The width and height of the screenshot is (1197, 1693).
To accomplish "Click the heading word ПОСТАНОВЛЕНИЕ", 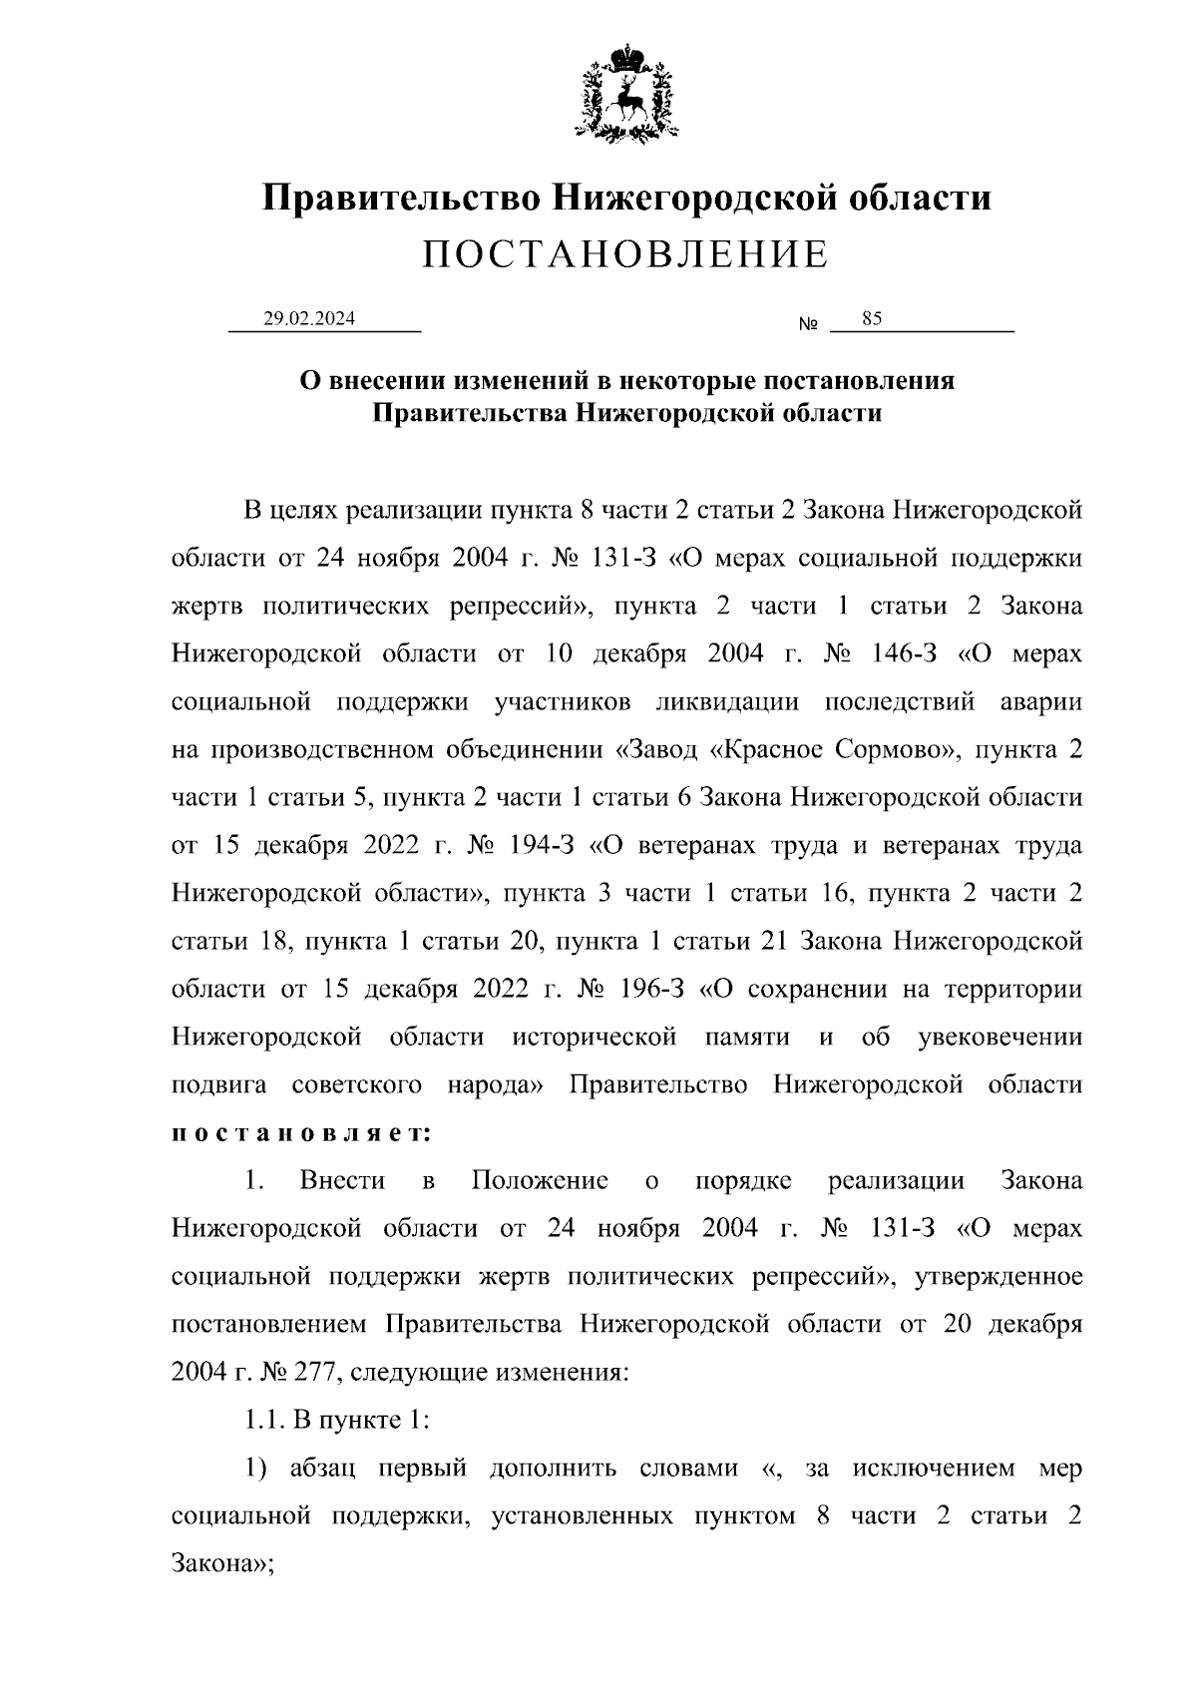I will [625, 255].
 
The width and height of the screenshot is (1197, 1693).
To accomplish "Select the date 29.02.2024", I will [309, 319].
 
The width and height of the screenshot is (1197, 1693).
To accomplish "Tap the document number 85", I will [872, 319].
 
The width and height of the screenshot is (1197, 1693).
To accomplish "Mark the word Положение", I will [540, 1181].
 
